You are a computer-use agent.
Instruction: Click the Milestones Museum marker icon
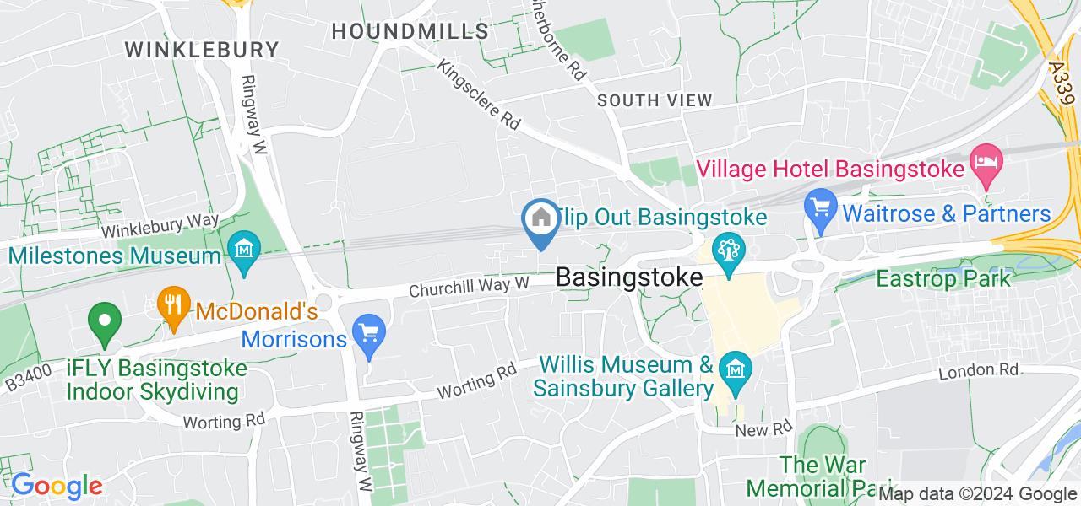point(243,250)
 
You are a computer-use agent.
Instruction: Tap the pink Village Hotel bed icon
point(986,160)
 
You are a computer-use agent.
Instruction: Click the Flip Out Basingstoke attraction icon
point(726,250)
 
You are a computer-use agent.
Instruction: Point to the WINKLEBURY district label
point(202,49)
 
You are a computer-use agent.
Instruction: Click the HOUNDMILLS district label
point(410,31)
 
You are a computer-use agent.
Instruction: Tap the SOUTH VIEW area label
point(655,100)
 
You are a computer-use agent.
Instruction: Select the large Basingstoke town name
point(629,277)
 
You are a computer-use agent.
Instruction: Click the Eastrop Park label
point(943,277)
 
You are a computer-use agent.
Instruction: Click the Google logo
point(56,486)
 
